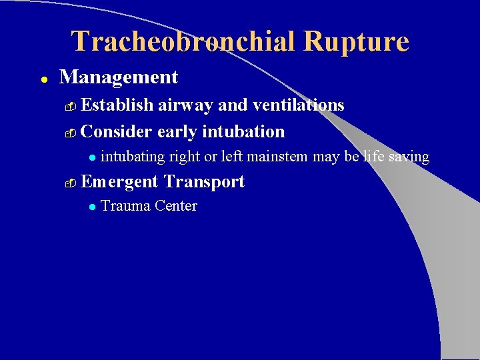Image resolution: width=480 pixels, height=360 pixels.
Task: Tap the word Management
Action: (x=119, y=77)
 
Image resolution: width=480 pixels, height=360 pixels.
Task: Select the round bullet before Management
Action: (x=42, y=79)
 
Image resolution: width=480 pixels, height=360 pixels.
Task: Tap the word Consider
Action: (x=117, y=131)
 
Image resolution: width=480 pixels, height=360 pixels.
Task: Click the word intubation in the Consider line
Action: (x=243, y=131)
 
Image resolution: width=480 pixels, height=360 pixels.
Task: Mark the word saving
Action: (x=410, y=157)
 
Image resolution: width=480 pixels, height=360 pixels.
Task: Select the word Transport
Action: (x=204, y=181)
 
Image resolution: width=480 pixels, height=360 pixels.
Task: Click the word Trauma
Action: (x=125, y=206)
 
